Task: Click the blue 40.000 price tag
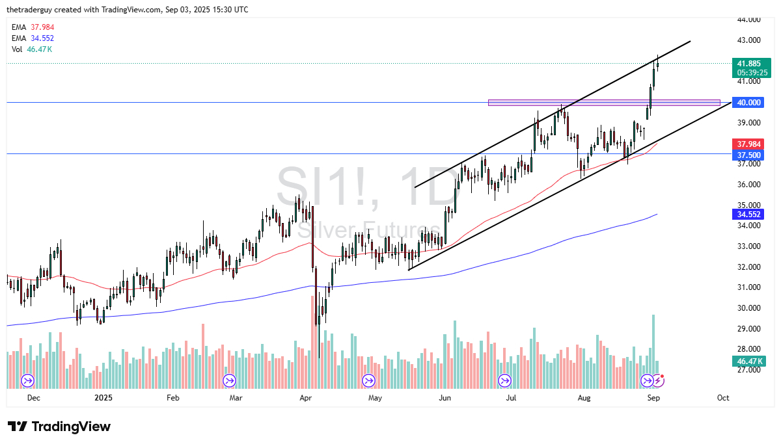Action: point(748,103)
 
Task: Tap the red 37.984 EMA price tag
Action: point(748,144)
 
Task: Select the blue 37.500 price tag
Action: point(748,155)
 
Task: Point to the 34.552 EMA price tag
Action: point(748,214)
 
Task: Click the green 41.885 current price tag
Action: point(748,63)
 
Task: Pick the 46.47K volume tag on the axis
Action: point(748,361)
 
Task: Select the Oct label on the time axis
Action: point(723,397)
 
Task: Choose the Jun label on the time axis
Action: point(445,397)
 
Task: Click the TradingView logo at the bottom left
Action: point(59,426)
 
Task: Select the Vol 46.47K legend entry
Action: point(33,49)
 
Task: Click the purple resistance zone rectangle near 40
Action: point(604,103)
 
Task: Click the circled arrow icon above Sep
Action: point(647,380)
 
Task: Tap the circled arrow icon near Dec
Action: point(28,380)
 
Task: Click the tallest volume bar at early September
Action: point(653,344)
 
